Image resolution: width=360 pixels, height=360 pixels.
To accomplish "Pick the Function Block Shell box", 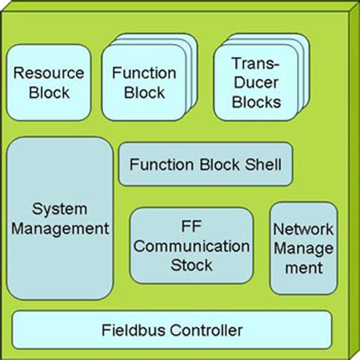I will [205, 164].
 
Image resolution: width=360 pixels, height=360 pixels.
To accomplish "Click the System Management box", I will [60, 217].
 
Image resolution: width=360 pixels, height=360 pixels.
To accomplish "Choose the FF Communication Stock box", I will [191, 245].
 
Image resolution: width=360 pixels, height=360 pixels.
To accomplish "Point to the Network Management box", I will [303, 248].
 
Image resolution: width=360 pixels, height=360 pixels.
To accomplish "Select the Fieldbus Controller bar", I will [172, 330].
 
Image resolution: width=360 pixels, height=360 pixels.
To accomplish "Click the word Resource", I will [49, 74].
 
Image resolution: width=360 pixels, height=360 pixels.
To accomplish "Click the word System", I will [60, 208].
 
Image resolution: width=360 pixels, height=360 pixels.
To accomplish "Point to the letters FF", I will [191, 227].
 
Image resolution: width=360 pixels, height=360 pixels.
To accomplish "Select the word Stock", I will [191, 265].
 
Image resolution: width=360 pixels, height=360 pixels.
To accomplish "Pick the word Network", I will [303, 229].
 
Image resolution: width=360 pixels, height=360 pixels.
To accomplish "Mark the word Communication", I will [191, 246].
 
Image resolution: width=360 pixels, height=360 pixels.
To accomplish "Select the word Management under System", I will [60, 227].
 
